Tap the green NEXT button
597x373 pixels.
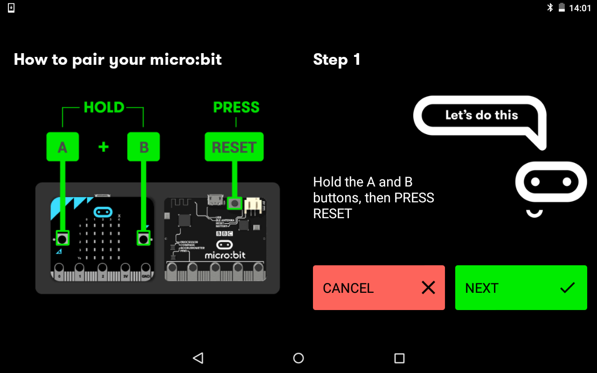click(521, 288)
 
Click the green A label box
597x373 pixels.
click(62, 147)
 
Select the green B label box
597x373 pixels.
click(144, 147)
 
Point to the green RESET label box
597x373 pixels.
click(234, 147)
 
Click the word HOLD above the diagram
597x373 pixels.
click(104, 108)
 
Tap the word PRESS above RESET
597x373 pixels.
click(236, 108)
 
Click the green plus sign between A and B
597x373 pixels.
click(104, 147)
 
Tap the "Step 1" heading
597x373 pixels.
click(337, 60)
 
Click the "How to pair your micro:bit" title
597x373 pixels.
click(118, 60)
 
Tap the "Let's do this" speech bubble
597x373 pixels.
click(481, 115)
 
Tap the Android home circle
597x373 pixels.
click(298, 358)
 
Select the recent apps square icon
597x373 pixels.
click(399, 358)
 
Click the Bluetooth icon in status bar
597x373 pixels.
click(550, 7)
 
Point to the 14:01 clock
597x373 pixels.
click(580, 8)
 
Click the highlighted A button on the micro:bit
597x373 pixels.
click(62, 239)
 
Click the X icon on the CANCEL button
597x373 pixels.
click(428, 288)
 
